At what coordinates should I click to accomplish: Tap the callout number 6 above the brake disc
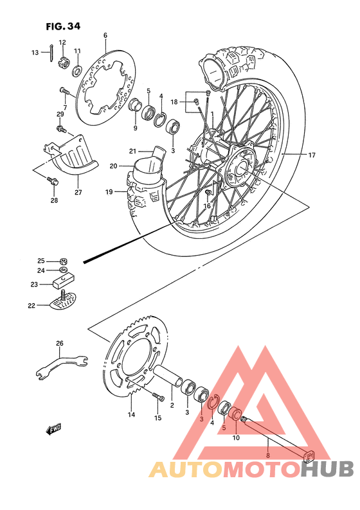(x=105, y=35)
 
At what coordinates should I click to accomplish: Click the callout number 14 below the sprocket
(x=131, y=414)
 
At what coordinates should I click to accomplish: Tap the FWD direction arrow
(x=53, y=430)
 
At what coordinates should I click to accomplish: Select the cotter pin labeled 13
(x=51, y=53)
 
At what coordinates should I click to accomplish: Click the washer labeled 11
(x=76, y=69)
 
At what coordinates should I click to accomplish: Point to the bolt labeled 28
(x=53, y=184)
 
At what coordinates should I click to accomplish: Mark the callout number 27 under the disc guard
(x=78, y=192)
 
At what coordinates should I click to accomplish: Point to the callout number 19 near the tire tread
(x=109, y=191)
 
